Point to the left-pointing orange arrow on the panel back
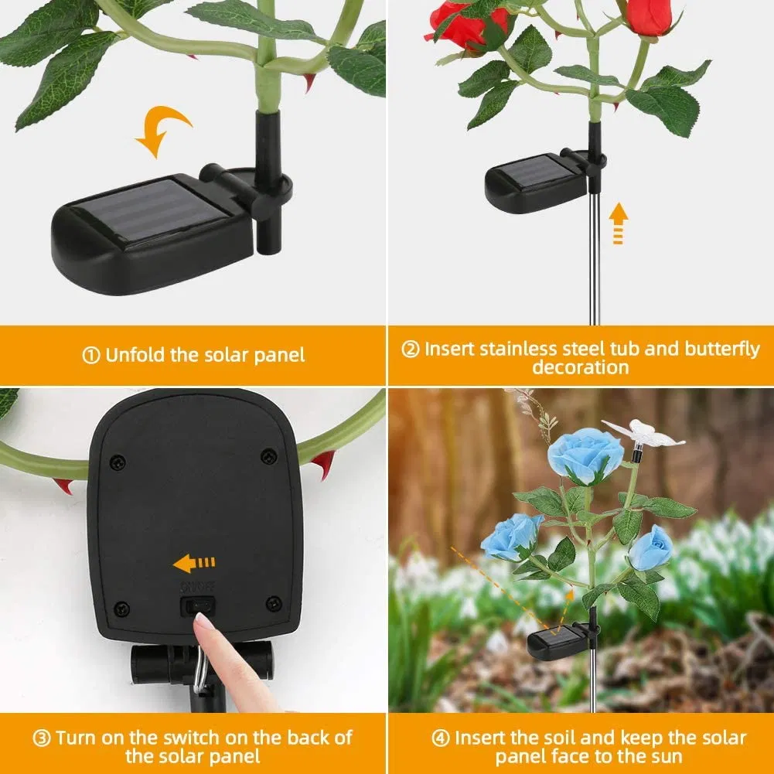[x=194, y=563]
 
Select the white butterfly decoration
[x=643, y=434]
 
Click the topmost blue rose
[x=585, y=454]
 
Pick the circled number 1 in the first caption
[x=91, y=356]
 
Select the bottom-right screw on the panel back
[x=273, y=602]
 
